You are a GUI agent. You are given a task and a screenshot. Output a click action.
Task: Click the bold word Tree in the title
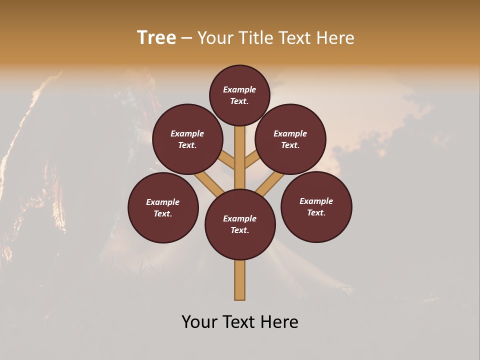click(156, 38)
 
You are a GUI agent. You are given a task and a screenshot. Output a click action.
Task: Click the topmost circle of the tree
click(239, 95)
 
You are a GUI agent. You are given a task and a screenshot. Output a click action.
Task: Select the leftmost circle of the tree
click(163, 208)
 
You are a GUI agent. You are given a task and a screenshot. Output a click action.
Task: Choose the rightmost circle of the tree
click(316, 207)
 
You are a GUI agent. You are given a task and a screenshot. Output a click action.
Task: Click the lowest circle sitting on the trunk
click(240, 224)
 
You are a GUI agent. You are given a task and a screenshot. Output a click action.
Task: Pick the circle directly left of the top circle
click(187, 139)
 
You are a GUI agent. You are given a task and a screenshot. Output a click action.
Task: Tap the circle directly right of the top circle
click(290, 139)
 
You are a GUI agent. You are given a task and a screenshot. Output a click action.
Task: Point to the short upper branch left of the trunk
click(227, 160)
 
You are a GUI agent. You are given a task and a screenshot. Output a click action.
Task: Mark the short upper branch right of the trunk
click(251, 159)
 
